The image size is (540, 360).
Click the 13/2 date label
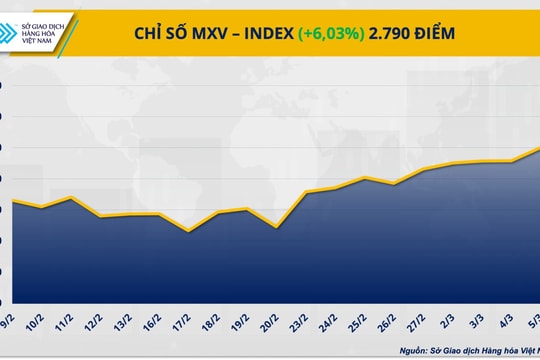pos(123,323)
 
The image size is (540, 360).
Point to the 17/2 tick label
pos(182,323)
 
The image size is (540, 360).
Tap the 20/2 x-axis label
pos(270,323)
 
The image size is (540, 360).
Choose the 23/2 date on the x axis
pos(299,323)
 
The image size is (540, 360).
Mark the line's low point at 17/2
pos(187,231)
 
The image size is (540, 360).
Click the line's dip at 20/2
pos(275,227)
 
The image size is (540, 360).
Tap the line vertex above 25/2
pos(364,178)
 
